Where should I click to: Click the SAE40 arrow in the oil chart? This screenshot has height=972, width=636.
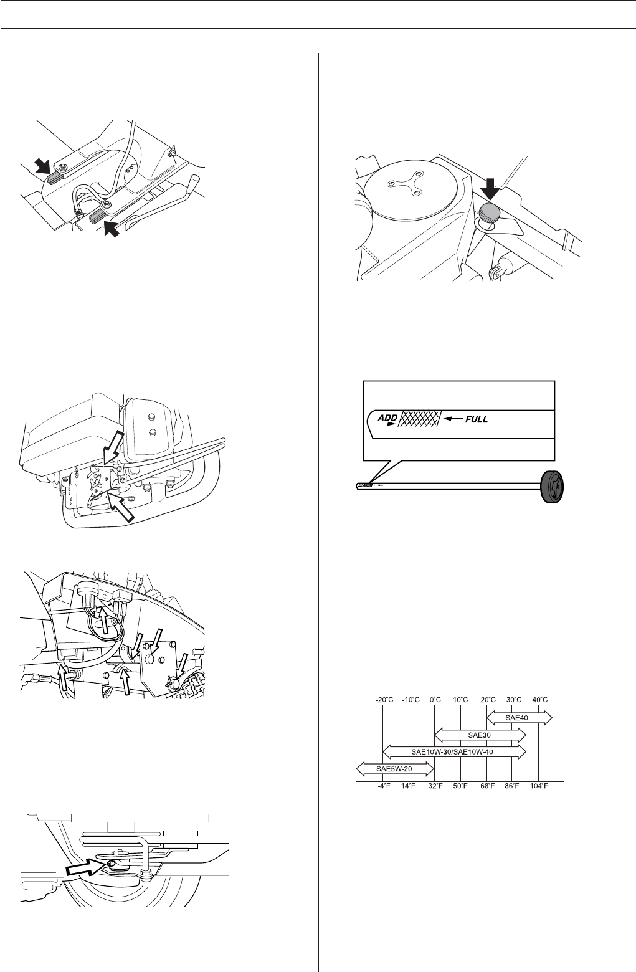pyautogui.click(x=519, y=718)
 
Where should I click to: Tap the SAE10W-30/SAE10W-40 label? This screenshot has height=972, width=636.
pyautogui.click(x=453, y=752)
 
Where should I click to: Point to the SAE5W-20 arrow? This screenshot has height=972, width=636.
pyautogui.click(x=394, y=769)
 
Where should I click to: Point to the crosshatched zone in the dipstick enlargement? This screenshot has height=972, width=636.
pyautogui.click(x=419, y=419)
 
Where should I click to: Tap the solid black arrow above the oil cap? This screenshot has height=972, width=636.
pyautogui.click(x=489, y=188)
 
